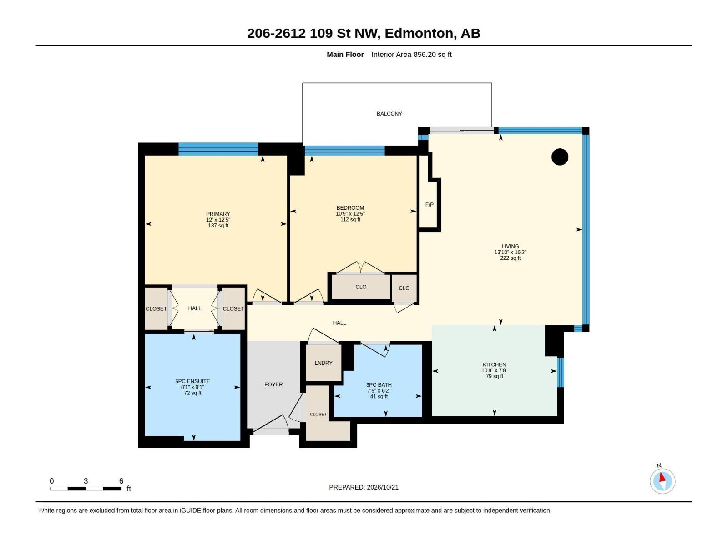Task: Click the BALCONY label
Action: tap(389, 114)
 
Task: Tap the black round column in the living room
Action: tap(560, 157)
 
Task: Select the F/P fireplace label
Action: tap(429, 205)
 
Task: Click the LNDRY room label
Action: tap(324, 363)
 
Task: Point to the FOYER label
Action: tap(273, 384)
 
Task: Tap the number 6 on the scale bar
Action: tap(121, 481)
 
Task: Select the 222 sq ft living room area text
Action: tap(510, 258)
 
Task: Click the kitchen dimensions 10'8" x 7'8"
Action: tap(494, 370)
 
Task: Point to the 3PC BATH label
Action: tap(379, 385)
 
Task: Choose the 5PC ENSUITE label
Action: tap(192, 381)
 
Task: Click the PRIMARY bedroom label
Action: tap(218, 214)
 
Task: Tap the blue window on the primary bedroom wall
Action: tap(218, 149)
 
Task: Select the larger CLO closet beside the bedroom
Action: tap(361, 287)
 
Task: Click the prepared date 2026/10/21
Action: tap(382, 487)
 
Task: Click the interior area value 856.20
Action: tap(425, 54)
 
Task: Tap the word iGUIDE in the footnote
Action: tap(190, 511)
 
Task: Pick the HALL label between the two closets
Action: tap(195, 308)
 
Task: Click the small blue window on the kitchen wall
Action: tap(561, 372)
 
